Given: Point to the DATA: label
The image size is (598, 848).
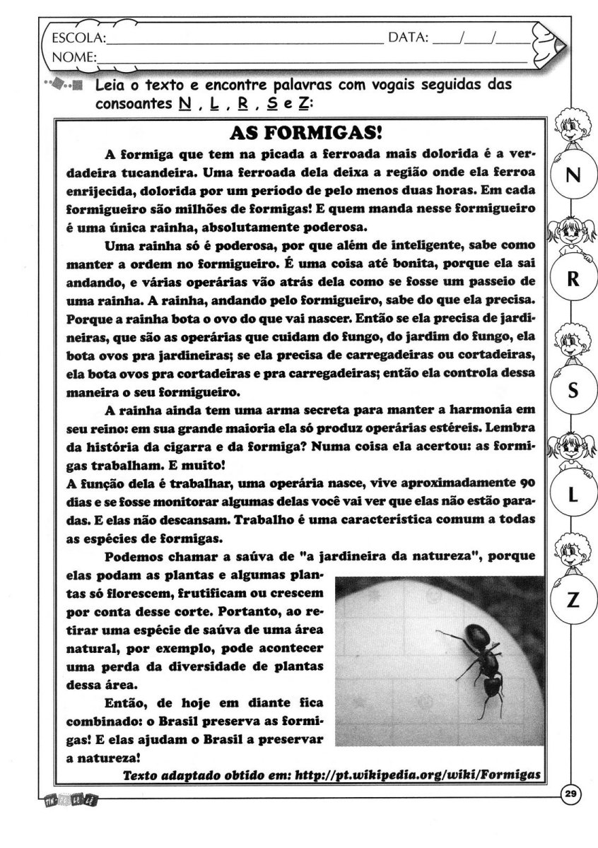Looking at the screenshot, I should [408, 37].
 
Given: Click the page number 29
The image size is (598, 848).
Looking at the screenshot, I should [571, 796].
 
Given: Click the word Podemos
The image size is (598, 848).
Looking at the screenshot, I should [135, 558].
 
